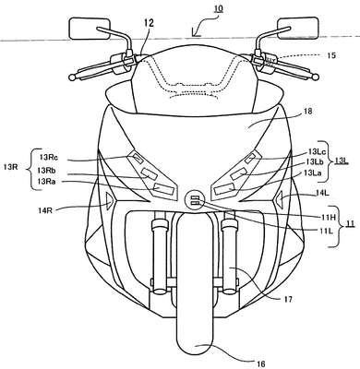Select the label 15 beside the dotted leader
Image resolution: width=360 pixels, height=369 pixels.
point(330,55)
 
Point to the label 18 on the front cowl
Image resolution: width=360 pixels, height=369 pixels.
point(307,112)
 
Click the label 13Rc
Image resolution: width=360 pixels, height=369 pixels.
point(49,157)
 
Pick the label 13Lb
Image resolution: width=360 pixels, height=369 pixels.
point(314,162)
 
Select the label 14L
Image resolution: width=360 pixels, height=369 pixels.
point(322,193)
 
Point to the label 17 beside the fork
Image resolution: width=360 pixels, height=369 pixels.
point(288,298)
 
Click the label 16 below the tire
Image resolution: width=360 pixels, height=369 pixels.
point(259,363)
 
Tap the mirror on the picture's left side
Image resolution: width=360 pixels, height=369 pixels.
point(90,29)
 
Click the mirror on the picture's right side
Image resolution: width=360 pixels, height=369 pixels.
point(297,29)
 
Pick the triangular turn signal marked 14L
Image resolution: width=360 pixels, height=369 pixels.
point(280,197)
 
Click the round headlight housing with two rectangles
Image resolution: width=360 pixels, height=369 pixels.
point(195,201)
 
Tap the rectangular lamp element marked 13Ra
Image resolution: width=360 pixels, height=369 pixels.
point(164,188)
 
